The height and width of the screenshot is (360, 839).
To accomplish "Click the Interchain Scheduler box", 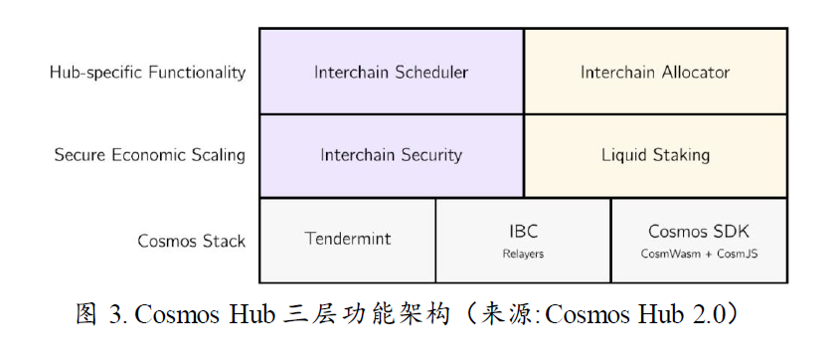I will pos(391,72).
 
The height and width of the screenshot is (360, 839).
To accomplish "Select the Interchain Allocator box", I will pos(655,72).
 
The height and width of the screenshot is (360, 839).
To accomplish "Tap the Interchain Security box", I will pos(391,155).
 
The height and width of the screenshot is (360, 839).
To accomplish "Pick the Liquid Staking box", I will pos(655,155).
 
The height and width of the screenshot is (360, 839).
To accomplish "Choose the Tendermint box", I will pos(347,239).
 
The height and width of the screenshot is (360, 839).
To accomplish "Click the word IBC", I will pos(523,232).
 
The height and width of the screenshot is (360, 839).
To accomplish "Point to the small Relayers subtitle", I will pos(523,254).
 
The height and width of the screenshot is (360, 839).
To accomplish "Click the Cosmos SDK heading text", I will pos(699,232).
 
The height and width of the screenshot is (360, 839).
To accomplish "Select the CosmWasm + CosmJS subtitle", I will pos(699,254).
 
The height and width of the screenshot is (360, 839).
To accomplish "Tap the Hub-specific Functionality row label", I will pos(147,72).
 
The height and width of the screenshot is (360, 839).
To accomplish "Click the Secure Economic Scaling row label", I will pos(149,155).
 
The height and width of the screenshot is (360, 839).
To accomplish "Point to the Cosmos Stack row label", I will pos(191,241).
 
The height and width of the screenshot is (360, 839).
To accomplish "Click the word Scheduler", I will pos(432,72).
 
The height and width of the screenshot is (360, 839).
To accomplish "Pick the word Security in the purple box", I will pos(429,155).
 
